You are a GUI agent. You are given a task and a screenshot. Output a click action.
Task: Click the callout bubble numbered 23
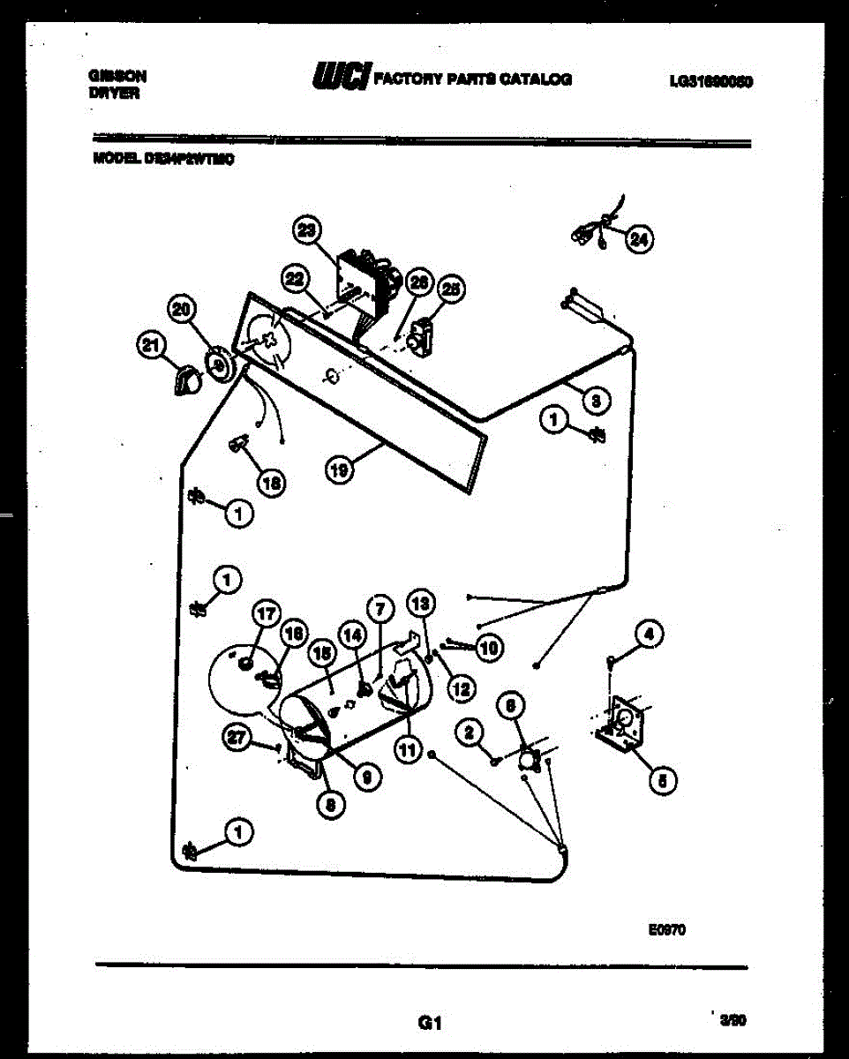(306, 231)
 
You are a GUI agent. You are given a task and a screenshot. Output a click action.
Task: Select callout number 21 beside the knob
(153, 347)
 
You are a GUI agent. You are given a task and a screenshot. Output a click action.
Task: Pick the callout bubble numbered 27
(235, 741)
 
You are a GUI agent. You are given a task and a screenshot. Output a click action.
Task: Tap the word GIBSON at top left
(116, 76)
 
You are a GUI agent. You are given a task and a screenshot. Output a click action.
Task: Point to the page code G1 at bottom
(429, 1025)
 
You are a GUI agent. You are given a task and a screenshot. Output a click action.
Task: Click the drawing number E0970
(665, 929)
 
